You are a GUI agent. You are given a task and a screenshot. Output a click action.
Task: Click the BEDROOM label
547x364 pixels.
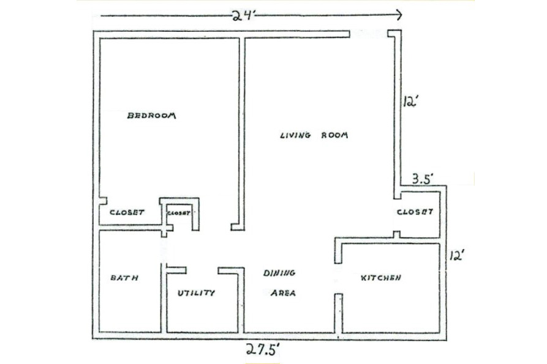[x=151, y=116]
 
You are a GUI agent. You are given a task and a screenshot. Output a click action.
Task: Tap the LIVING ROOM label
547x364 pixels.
[x=314, y=135]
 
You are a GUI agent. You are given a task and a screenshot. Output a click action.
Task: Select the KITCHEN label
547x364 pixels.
[x=380, y=278]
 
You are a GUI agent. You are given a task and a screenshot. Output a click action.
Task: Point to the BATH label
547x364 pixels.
[x=124, y=278]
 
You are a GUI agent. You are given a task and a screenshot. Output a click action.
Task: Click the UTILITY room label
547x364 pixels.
[x=196, y=293]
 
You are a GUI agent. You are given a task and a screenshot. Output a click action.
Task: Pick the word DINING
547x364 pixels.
[x=279, y=273]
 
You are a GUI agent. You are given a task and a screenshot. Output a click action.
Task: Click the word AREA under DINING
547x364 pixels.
[x=283, y=293]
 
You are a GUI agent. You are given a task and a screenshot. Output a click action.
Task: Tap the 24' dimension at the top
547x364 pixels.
[x=244, y=16]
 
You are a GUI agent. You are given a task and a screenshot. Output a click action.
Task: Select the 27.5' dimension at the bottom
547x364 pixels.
[x=263, y=349]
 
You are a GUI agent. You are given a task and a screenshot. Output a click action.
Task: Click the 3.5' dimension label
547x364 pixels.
[x=423, y=179]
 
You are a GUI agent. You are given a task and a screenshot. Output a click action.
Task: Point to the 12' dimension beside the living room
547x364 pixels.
[x=410, y=102]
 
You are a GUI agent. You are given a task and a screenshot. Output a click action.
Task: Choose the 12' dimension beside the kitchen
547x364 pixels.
[x=456, y=256]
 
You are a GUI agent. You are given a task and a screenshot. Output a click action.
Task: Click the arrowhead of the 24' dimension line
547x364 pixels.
[x=398, y=15]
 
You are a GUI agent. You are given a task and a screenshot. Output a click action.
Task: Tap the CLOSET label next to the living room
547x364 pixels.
[x=415, y=212]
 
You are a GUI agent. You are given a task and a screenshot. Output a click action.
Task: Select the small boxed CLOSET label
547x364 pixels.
[x=179, y=213]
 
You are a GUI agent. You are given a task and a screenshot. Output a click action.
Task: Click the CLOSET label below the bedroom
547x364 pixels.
[x=127, y=212]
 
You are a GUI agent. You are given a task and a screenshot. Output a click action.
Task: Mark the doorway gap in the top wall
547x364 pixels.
[x=369, y=34]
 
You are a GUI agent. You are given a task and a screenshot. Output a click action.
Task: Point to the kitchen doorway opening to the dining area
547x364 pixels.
[x=338, y=278]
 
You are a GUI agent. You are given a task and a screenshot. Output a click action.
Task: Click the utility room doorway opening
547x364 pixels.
[x=202, y=270]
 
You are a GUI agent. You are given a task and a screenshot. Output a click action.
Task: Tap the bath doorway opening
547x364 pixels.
[x=164, y=250]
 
